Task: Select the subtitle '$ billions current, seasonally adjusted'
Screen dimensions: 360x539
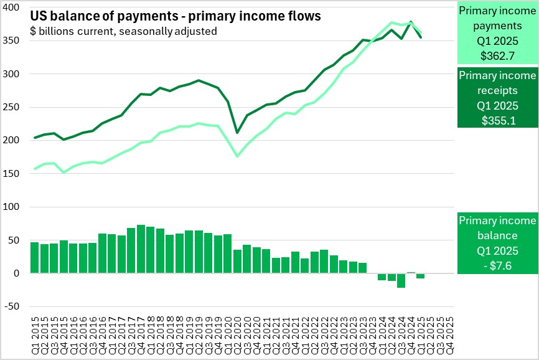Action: (x=123, y=31)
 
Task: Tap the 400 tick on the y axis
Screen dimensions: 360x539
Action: (x=17, y=7)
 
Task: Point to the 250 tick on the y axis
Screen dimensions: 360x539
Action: (x=17, y=107)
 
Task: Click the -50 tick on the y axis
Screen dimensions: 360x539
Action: (x=15, y=306)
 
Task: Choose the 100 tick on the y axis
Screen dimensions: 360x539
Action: (x=17, y=207)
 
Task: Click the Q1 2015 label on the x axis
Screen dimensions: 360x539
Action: (x=34, y=333)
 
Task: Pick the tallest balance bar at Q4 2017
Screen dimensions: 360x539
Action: (x=141, y=249)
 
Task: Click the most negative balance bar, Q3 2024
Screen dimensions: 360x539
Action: (x=401, y=280)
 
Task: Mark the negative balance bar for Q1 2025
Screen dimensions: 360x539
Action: (x=421, y=276)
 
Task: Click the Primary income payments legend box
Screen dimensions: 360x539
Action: (x=497, y=32)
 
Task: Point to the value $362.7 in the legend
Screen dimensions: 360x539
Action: (x=497, y=55)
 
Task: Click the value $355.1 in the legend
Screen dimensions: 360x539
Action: (x=497, y=120)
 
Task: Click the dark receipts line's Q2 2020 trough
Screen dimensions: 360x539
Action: (x=237, y=132)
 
